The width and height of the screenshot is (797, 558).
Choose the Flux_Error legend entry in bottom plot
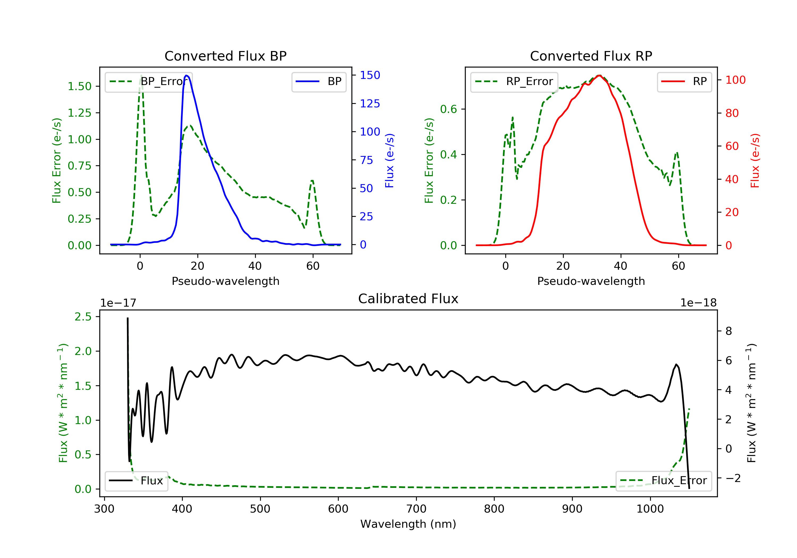point(663,481)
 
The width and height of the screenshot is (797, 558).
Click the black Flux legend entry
point(137,481)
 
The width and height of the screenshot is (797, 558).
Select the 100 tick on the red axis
point(735,80)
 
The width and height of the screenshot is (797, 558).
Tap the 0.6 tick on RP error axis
point(448,109)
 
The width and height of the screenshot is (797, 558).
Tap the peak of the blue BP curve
point(187,75)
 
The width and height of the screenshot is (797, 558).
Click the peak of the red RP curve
point(599,75)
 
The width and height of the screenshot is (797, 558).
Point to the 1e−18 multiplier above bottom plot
point(698,303)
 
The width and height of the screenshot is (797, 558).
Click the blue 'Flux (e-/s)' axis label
point(389,160)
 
